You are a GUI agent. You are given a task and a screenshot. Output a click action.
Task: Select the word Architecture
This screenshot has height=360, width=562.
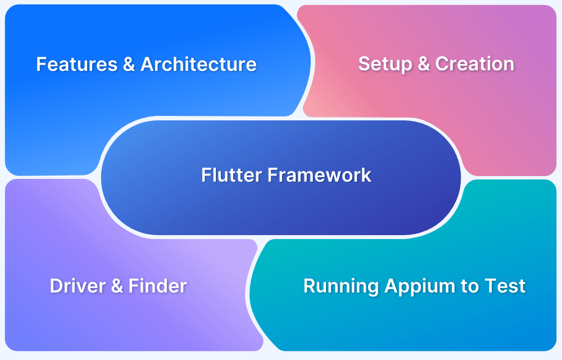[198, 64]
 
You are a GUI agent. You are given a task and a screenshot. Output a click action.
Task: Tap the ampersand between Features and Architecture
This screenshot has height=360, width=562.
[129, 64]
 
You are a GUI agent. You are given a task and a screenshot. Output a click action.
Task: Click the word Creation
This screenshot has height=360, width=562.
[474, 64]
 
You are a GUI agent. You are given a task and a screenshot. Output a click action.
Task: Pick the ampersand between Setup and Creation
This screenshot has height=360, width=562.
[422, 64]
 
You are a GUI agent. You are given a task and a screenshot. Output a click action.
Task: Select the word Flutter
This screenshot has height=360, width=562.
[232, 175]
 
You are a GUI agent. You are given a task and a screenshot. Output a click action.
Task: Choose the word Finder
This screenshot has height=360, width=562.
[158, 286]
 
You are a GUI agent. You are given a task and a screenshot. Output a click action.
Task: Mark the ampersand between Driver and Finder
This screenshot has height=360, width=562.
[117, 286]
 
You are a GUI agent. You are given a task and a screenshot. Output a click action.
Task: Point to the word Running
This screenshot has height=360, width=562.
[341, 286]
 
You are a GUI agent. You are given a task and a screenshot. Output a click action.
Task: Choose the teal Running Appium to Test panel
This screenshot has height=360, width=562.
[405, 326]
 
